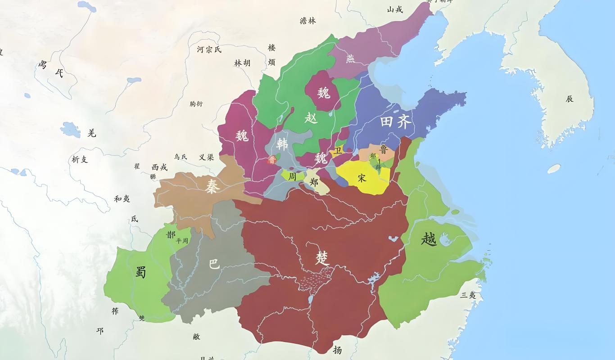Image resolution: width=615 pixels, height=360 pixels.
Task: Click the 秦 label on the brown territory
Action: (x=212, y=185)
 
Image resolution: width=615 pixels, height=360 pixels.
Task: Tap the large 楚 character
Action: (x=322, y=258)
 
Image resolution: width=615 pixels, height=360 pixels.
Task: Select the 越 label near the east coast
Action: (x=429, y=238)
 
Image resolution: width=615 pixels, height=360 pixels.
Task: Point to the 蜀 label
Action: (x=140, y=272)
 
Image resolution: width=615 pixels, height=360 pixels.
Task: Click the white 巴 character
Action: (x=214, y=264)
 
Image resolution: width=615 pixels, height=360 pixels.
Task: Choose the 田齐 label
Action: (x=396, y=122)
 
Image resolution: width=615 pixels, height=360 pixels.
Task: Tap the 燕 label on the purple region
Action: (x=350, y=58)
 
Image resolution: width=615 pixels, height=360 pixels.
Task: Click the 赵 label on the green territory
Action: (x=311, y=118)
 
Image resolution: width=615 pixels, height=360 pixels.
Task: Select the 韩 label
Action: (x=282, y=144)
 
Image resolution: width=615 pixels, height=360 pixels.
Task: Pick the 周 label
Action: (x=292, y=177)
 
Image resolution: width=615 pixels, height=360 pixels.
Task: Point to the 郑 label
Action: (x=315, y=183)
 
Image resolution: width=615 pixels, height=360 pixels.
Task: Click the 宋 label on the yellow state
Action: (x=362, y=178)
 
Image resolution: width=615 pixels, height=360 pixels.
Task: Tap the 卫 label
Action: (x=338, y=151)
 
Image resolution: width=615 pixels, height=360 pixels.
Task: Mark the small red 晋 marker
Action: (x=271, y=160)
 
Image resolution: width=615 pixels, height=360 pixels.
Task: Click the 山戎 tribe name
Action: (x=395, y=9)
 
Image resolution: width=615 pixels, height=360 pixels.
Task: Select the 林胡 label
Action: (x=242, y=63)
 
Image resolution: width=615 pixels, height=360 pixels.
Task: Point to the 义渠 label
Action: (x=206, y=157)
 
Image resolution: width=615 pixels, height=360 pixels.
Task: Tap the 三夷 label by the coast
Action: (x=468, y=295)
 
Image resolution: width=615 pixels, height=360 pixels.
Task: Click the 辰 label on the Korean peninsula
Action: (x=570, y=99)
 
